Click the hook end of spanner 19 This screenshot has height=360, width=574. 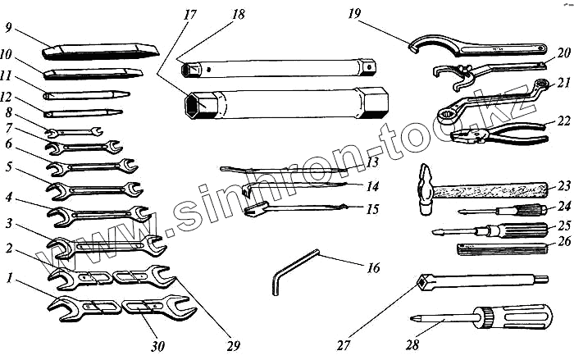[x=416, y=40]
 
